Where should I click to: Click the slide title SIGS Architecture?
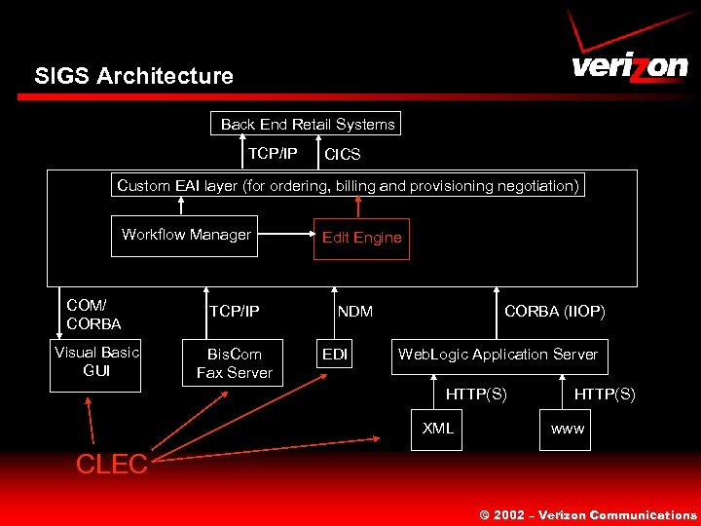(133, 76)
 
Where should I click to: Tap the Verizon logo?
(628, 58)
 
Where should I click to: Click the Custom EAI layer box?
(348, 184)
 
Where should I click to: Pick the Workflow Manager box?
(186, 235)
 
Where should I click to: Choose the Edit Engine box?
(361, 238)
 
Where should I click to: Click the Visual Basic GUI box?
(96, 361)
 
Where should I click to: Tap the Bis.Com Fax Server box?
(234, 362)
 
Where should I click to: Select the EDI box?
(335, 355)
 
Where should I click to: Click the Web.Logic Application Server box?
(498, 355)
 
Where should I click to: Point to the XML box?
(437, 429)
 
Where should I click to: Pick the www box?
(568, 429)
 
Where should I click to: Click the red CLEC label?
(111, 465)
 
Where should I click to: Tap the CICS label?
(342, 154)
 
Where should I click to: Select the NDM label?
(355, 312)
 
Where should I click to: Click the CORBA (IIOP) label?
(554, 312)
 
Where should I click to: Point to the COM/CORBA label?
(93, 314)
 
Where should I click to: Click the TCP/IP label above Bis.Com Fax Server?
(234, 312)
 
